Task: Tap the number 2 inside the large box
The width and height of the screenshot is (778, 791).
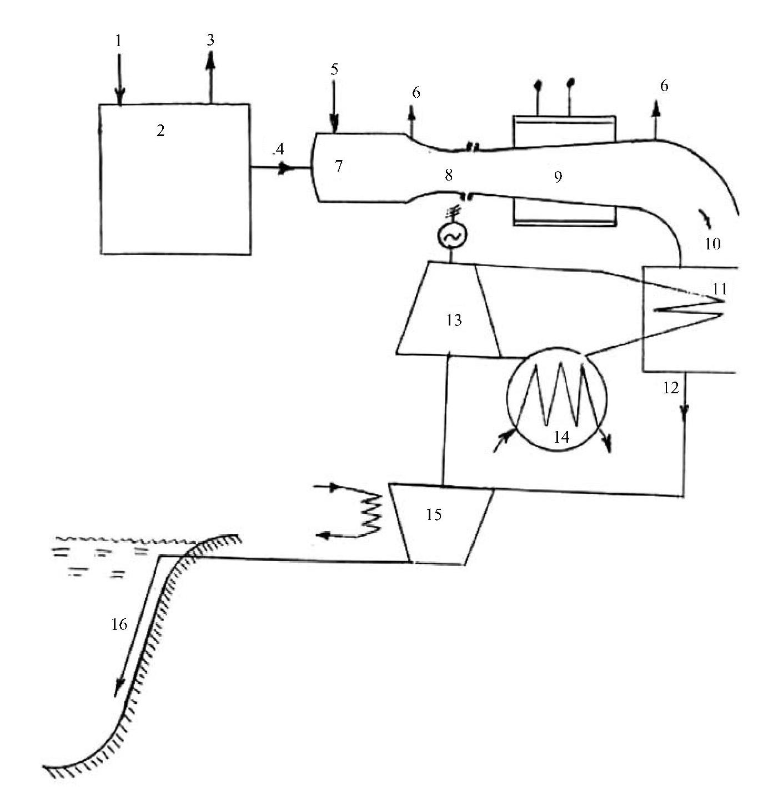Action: [160, 131]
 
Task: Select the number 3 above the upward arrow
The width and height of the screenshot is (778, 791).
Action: [210, 40]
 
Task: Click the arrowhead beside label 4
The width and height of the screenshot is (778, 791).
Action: [285, 168]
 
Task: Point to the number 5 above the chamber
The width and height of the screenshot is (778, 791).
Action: [334, 69]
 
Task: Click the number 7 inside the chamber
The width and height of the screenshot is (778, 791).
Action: [339, 166]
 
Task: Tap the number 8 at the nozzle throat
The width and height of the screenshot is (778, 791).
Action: [448, 175]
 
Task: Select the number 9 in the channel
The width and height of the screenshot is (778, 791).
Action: [558, 177]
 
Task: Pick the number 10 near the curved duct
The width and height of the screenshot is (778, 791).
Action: [712, 243]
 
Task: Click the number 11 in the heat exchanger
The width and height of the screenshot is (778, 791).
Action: [720, 288]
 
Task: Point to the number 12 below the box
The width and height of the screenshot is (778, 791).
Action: [671, 387]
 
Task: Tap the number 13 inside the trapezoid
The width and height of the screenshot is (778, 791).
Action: [454, 320]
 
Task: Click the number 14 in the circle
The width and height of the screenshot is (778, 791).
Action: [561, 437]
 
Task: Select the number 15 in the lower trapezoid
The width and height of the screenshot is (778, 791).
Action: [434, 514]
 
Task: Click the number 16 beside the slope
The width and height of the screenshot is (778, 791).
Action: [119, 624]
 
